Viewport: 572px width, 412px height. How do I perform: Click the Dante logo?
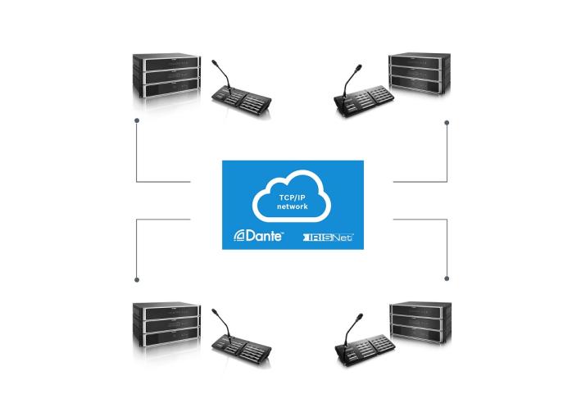pos(259,237)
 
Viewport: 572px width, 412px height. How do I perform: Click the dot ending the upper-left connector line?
pos(136,123)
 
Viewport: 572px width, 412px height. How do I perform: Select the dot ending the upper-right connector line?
pos(447,123)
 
